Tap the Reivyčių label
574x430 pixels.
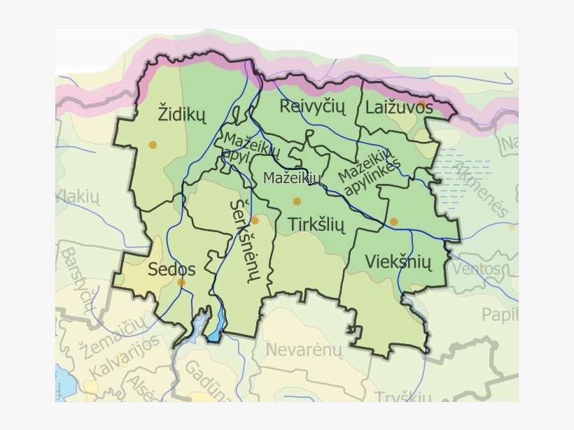(x=313, y=106)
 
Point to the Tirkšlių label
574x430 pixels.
(x=317, y=224)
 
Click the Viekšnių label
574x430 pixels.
(x=398, y=262)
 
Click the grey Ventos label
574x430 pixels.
(x=477, y=268)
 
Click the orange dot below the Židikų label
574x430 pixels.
(x=153, y=145)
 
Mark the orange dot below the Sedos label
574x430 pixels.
(x=181, y=282)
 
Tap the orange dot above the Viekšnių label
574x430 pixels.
(x=393, y=222)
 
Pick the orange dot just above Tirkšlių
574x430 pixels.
(x=297, y=201)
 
